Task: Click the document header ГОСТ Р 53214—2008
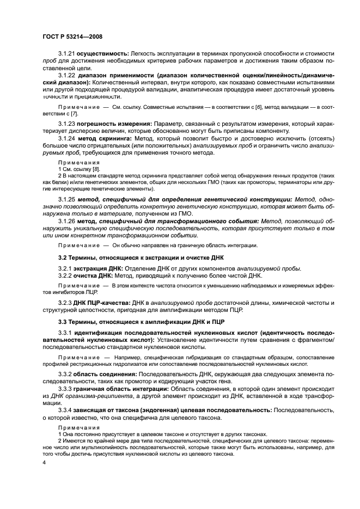[72, 36]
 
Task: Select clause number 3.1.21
[66, 54]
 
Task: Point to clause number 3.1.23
[66, 125]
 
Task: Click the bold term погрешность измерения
[115, 125]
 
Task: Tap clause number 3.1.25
[66, 200]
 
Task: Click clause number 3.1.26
[66, 222]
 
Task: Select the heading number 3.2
[63, 257]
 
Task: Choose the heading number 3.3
[63, 322]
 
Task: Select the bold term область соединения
[106, 375]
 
